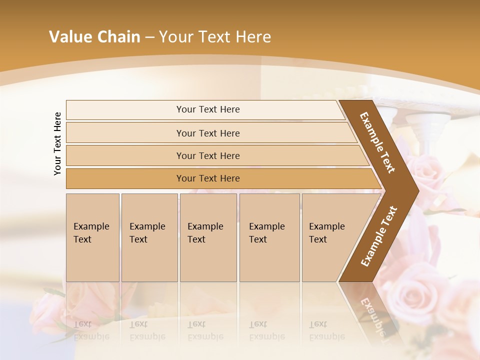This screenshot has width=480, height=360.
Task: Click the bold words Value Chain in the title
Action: click(x=94, y=37)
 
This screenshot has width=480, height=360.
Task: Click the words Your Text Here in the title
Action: click(x=215, y=37)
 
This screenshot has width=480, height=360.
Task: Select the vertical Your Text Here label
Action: click(x=57, y=143)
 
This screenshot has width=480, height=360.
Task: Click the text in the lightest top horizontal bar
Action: click(x=208, y=109)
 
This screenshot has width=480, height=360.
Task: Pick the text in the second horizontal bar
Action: click(x=208, y=133)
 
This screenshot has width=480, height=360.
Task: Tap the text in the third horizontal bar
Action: click(x=208, y=156)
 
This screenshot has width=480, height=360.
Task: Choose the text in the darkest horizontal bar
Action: click(x=208, y=178)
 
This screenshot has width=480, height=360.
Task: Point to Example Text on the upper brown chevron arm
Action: click(x=377, y=142)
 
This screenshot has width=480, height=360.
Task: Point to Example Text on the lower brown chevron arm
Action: click(x=378, y=236)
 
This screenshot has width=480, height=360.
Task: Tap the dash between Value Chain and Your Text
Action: click(x=149, y=37)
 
